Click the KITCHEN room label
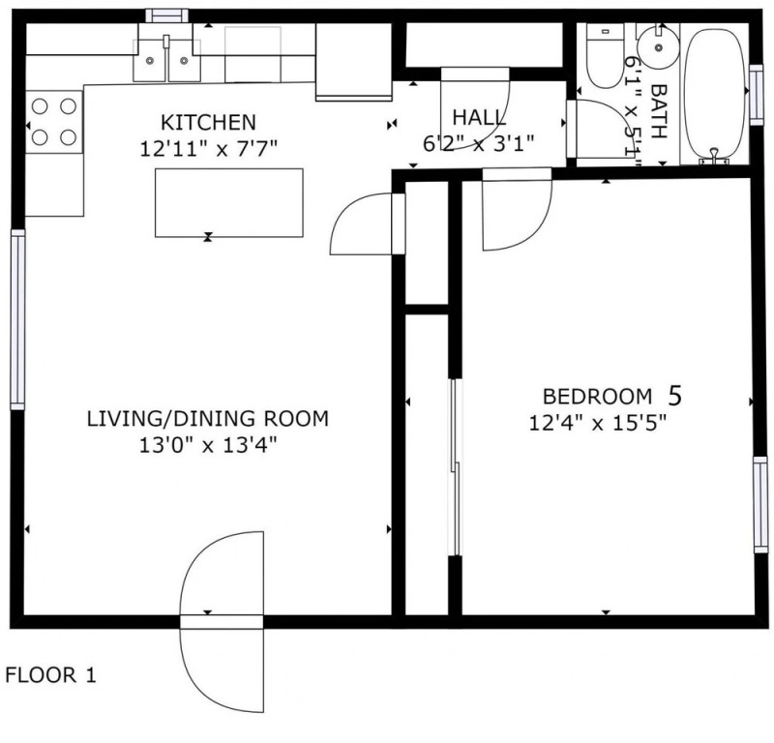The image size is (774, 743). click(208, 122)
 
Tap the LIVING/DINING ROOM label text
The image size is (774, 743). click(208, 419)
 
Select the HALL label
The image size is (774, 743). click(479, 117)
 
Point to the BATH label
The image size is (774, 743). click(659, 111)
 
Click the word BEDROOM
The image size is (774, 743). click(597, 397)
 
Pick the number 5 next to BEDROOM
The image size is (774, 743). click(674, 396)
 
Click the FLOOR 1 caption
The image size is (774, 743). click(50, 675)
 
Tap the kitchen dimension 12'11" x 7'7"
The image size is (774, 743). click(208, 148)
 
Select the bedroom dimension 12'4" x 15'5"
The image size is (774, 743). click(598, 423)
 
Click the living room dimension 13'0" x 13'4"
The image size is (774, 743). click(208, 445)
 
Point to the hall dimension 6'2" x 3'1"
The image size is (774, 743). click(479, 143)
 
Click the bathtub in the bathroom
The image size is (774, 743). click(714, 94)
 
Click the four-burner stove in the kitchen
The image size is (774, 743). click(54, 122)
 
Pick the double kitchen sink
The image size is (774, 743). click(166, 60)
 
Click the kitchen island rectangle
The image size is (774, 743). click(229, 203)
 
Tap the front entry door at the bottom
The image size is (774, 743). click(222, 622)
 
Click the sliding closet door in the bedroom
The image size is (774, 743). click(456, 467)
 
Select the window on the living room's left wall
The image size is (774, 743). click(17, 319)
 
